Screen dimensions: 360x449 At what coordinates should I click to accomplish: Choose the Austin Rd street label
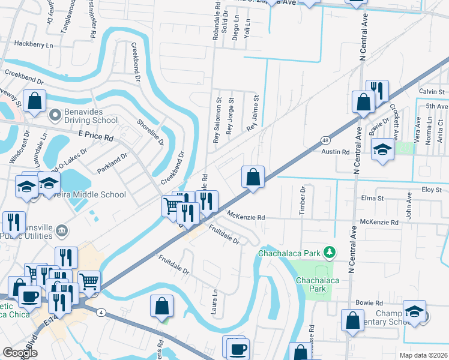click(x=337, y=152)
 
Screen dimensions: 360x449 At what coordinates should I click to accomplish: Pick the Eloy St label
click(x=431, y=190)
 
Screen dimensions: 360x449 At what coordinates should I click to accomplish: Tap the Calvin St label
click(x=431, y=92)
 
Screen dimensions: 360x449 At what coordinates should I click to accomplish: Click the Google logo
click(x=20, y=353)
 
